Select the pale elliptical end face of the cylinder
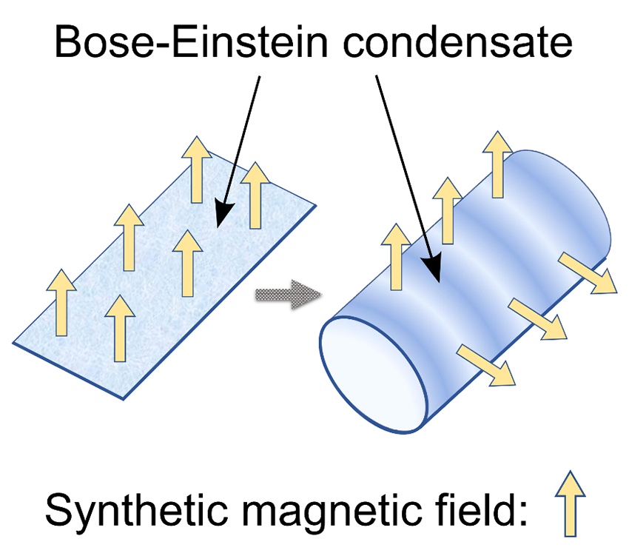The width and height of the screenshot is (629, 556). [374, 370]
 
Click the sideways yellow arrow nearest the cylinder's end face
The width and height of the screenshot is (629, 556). [486, 365]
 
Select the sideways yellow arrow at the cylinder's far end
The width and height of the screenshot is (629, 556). [587, 272]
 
